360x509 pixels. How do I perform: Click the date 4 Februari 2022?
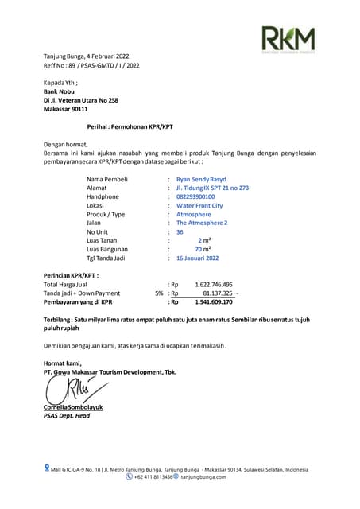click(x=103, y=57)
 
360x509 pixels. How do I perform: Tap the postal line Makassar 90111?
click(x=66, y=108)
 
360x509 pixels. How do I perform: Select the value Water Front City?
click(x=199, y=205)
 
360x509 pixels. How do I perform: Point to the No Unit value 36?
click(x=180, y=231)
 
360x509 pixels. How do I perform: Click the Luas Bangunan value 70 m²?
click(x=203, y=249)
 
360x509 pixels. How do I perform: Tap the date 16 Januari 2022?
click(x=198, y=258)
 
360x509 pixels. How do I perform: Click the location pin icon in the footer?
click(x=47, y=468)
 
